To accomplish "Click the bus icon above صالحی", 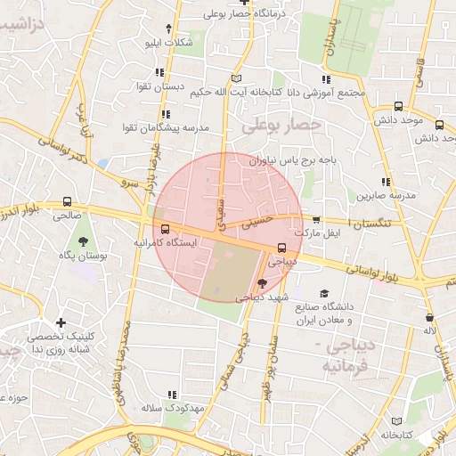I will [68, 202].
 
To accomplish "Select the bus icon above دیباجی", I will [281, 248].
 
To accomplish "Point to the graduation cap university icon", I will [324, 293].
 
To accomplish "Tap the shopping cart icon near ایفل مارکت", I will [316, 219].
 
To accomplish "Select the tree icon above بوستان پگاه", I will [83, 240].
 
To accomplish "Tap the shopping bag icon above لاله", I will [430, 317].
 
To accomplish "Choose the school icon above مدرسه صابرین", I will [386, 181].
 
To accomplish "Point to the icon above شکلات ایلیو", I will [168, 28].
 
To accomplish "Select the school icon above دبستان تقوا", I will [159, 72].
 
